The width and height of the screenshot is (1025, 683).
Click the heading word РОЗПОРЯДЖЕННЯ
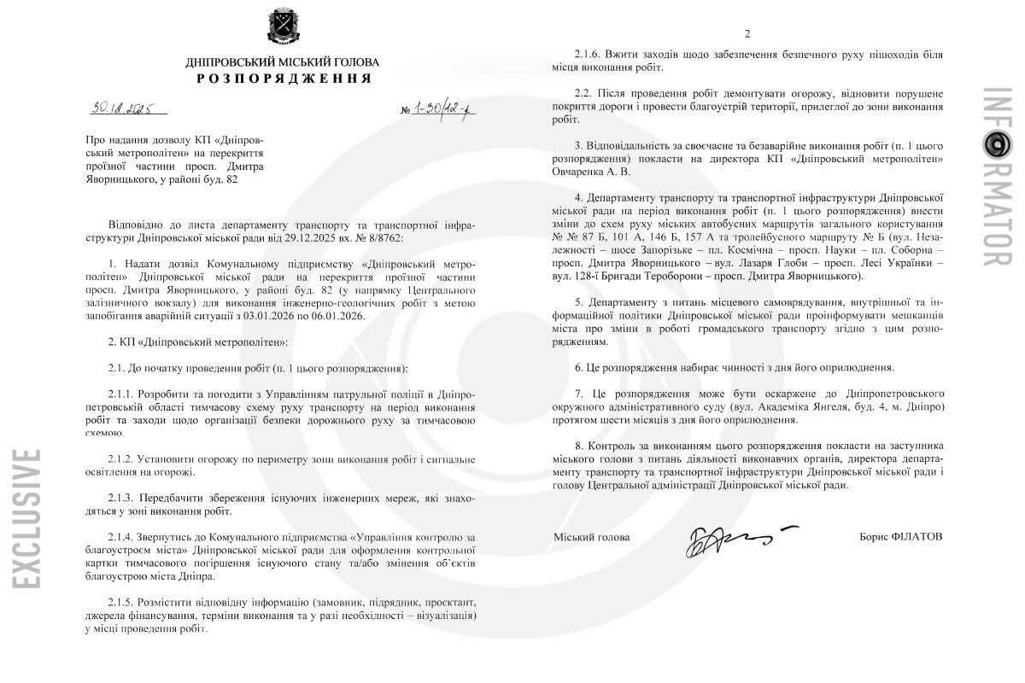click(x=283, y=79)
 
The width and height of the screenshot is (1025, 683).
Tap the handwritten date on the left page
click(x=124, y=108)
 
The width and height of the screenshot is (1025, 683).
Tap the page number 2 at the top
click(x=747, y=34)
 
